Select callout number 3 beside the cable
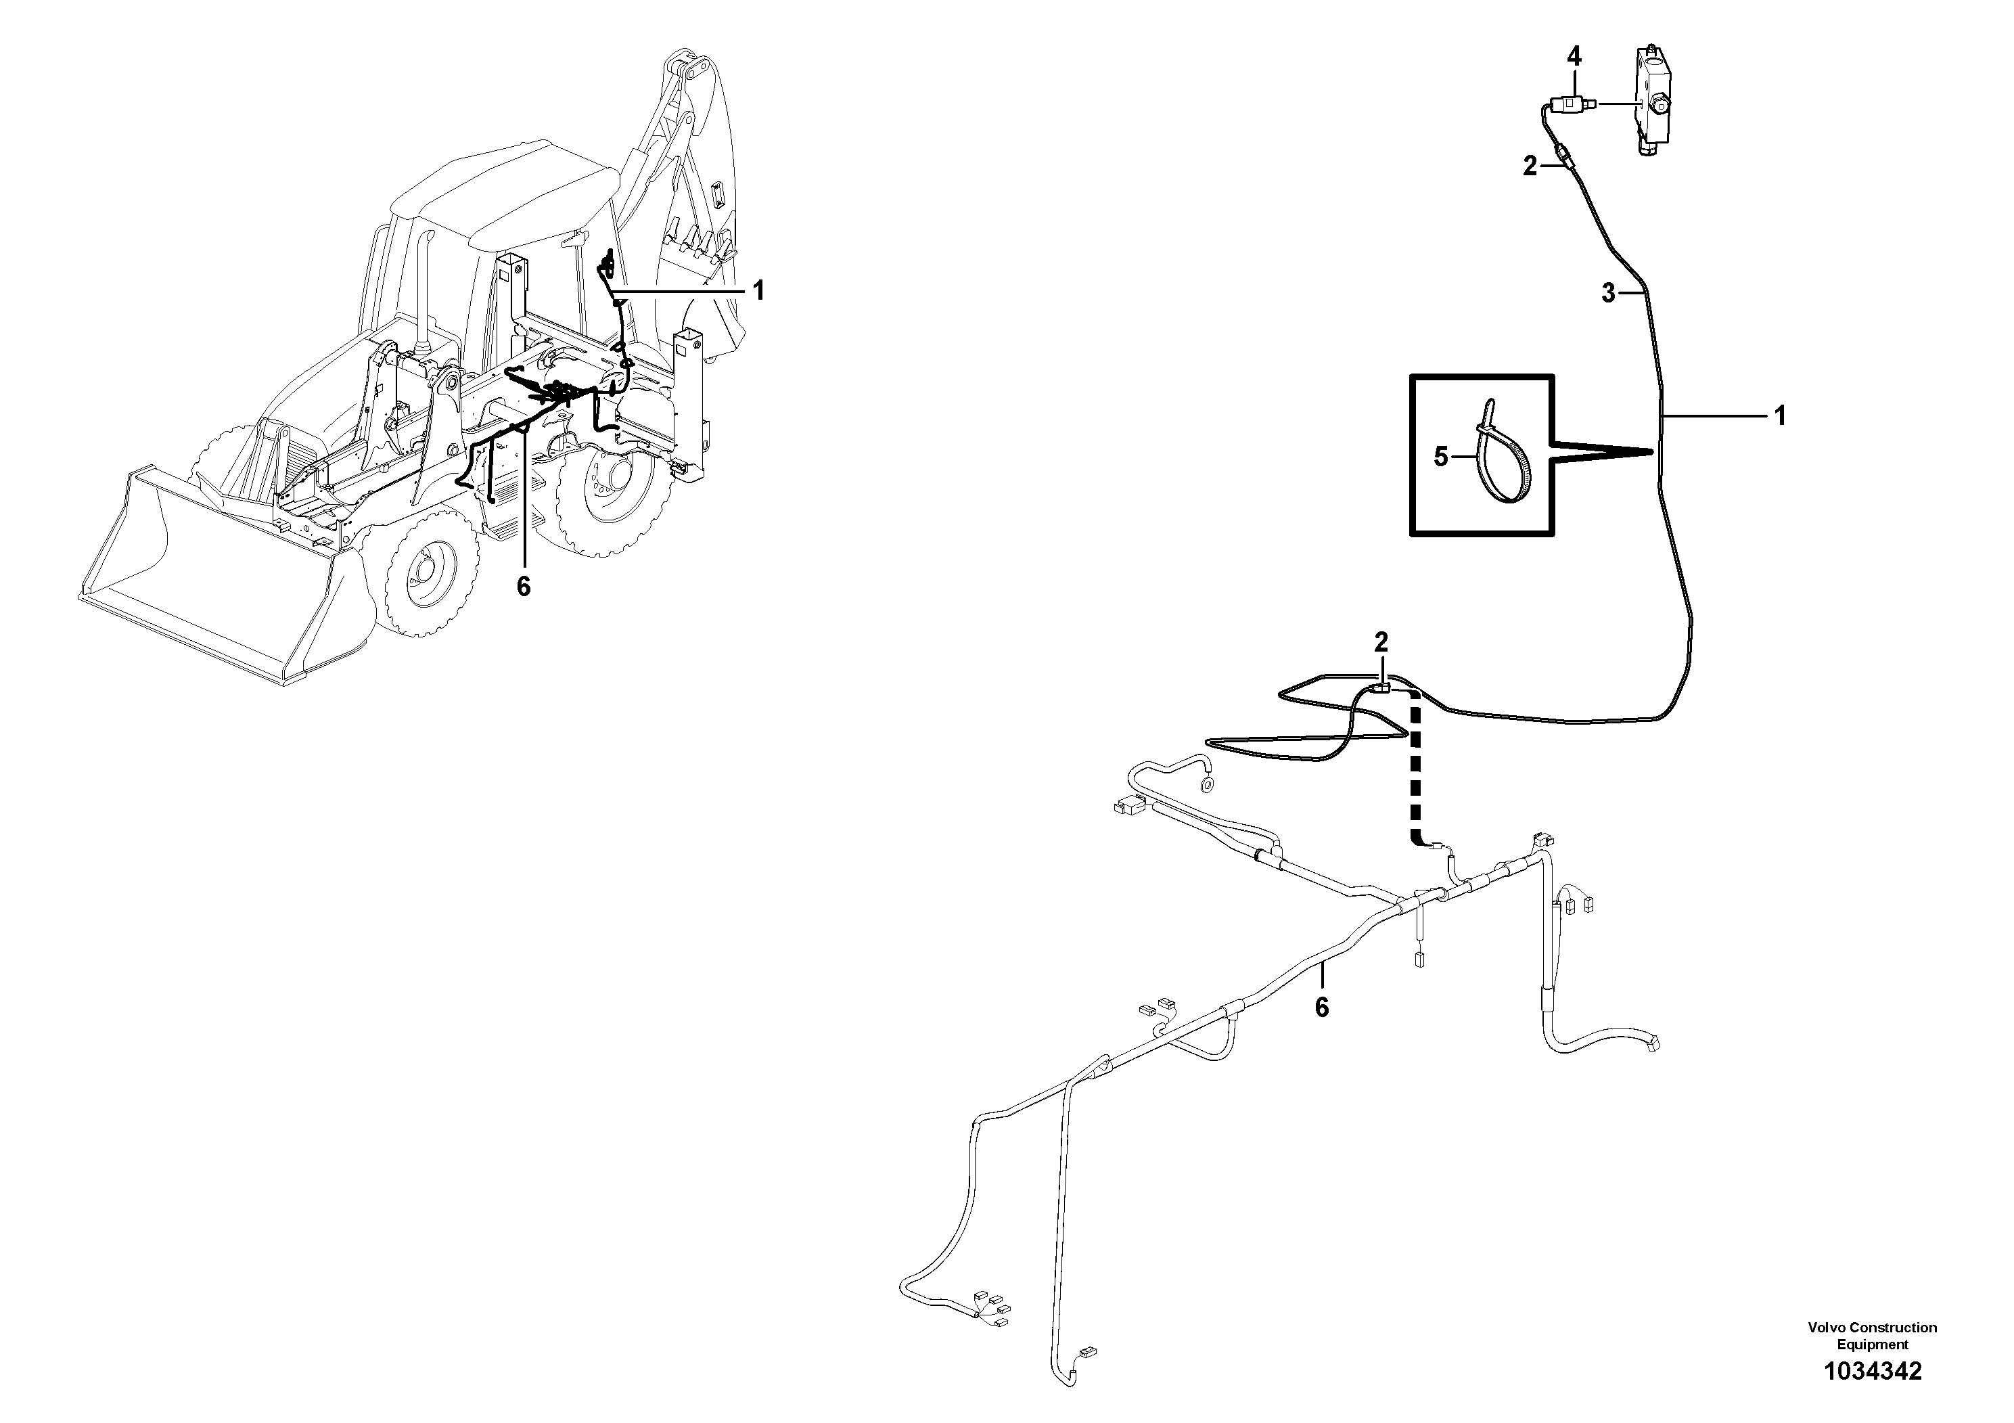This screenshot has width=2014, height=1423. click(1608, 294)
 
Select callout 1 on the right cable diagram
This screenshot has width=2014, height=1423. click(1780, 416)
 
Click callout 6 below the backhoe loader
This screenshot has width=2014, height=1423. click(524, 587)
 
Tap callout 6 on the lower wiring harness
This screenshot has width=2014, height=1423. click(1321, 1007)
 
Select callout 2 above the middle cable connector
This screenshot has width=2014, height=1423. click(1381, 642)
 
